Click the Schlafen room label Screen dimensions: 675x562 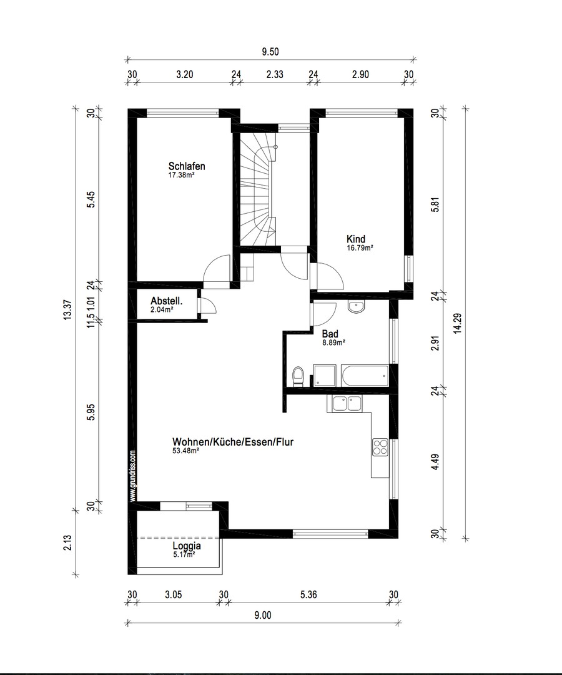coord(186,166)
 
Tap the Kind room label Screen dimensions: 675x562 coord(356,239)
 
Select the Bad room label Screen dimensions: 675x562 coord(330,334)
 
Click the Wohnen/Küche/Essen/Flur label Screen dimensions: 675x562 coord(233,442)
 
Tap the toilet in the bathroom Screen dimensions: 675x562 coord(298,376)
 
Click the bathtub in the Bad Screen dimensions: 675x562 coord(364,376)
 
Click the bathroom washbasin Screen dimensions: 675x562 coord(357,307)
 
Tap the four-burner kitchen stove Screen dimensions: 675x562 coord(380,446)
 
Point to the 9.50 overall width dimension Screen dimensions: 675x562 coord(270,52)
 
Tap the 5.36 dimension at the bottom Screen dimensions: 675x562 coord(308,595)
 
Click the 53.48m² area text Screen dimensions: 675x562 coord(185,451)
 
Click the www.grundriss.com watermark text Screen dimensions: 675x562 coord(133,475)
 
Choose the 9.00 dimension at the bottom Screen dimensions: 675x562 coord(262,616)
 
